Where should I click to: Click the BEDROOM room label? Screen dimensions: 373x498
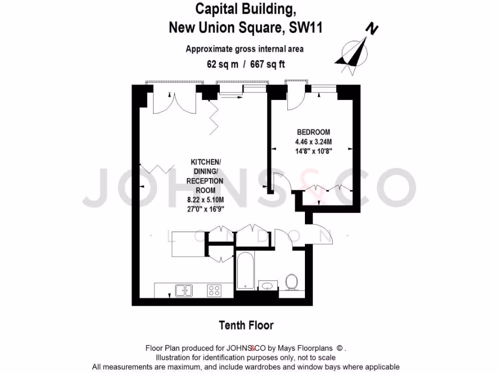point(314,132)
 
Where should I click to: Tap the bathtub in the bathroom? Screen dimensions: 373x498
point(245,271)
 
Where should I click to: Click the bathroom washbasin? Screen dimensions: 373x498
point(266,285)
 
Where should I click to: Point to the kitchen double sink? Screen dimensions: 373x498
point(183,290)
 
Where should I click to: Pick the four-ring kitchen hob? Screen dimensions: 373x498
point(214,290)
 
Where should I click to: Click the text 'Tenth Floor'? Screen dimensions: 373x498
point(246,325)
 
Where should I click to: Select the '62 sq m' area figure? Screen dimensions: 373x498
point(222,64)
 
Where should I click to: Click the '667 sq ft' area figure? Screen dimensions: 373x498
point(267,64)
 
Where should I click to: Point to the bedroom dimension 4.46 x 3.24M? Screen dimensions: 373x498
point(314,142)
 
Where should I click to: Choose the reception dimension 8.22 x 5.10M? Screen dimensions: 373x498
point(205,200)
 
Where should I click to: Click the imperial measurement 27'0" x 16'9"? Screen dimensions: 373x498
point(205,209)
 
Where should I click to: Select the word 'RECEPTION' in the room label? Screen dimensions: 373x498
point(205,181)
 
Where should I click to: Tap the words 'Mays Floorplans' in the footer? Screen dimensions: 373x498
point(309,348)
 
